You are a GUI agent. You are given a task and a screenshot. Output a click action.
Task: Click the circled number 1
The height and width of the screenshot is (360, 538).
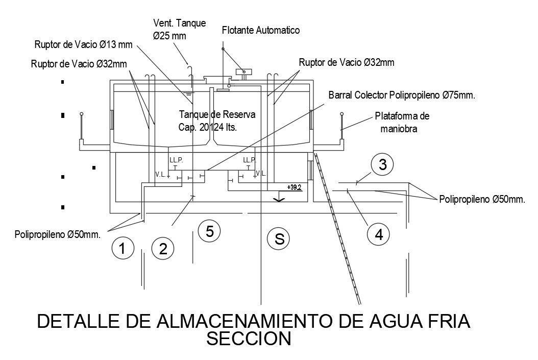coord(121,249)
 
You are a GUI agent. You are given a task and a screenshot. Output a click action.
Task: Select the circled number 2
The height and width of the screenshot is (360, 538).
coord(163,250)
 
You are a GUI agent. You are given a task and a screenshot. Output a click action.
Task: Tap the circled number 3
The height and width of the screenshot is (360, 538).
coord(382,164)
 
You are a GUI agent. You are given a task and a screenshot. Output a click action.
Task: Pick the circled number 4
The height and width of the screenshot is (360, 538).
coord(378,235)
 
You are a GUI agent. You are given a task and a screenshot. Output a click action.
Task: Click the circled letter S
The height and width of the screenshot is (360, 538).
coord(279,238)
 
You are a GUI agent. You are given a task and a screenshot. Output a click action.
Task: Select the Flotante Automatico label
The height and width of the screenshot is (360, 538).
coord(260,31)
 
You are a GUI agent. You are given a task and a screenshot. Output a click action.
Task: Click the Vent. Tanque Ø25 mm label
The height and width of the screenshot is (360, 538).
coord(179,29)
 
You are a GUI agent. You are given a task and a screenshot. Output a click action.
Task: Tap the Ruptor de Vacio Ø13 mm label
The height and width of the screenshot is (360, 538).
coord(83,45)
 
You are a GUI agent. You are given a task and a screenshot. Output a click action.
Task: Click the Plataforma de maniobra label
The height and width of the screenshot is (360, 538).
coord(402,123)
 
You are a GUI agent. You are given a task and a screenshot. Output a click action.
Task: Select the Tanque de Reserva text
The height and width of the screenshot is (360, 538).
coord(217,114)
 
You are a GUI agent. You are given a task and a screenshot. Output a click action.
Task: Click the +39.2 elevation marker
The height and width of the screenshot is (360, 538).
coord(295,187)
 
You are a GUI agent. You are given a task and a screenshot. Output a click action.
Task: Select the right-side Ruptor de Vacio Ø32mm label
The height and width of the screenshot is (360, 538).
coord(346,63)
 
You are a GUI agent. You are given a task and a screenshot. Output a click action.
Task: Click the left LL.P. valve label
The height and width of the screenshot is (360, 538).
coord(175,159)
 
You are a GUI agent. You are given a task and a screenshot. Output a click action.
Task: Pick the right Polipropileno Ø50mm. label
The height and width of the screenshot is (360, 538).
coord(481,199)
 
